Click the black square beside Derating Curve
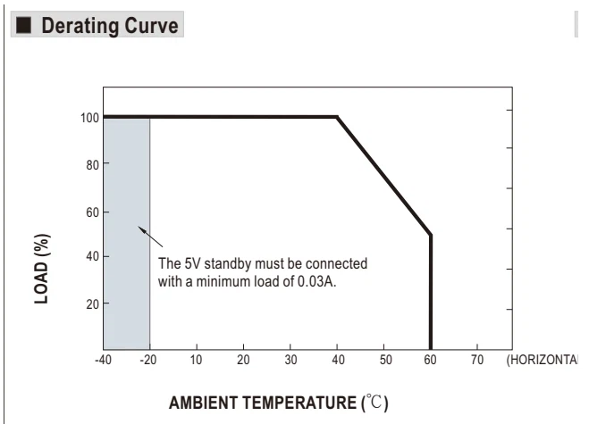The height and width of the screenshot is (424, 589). click(x=24, y=25)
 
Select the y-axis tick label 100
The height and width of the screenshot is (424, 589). click(x=89, y=118)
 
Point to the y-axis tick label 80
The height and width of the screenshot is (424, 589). click(x=92, y=165)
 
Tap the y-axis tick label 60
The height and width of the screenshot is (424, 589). click(x=92, y=212)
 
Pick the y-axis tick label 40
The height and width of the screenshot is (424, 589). click(x=92, y=257)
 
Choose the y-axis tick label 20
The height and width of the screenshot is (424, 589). click(x=92, y=303)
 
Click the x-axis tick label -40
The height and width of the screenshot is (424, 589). click(x=103, y=360)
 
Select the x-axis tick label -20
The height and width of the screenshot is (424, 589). click(x=148, y=360)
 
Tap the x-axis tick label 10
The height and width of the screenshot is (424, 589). click(x=196, y=360)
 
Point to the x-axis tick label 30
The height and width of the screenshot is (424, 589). click(x=290, y=360)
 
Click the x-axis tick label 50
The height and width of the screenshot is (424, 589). click(x=385, y=360)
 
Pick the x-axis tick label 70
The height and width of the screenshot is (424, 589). click(x=477, y=360)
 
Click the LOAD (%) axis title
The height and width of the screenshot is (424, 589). click(x=42, y=269)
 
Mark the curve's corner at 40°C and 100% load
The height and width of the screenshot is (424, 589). click(x=337, y=117)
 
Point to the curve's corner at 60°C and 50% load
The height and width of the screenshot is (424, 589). click(x=431, y=236)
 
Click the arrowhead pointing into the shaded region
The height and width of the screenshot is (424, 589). click(x=141, y=229)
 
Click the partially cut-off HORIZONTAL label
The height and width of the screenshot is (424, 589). click(x=542, y=360)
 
